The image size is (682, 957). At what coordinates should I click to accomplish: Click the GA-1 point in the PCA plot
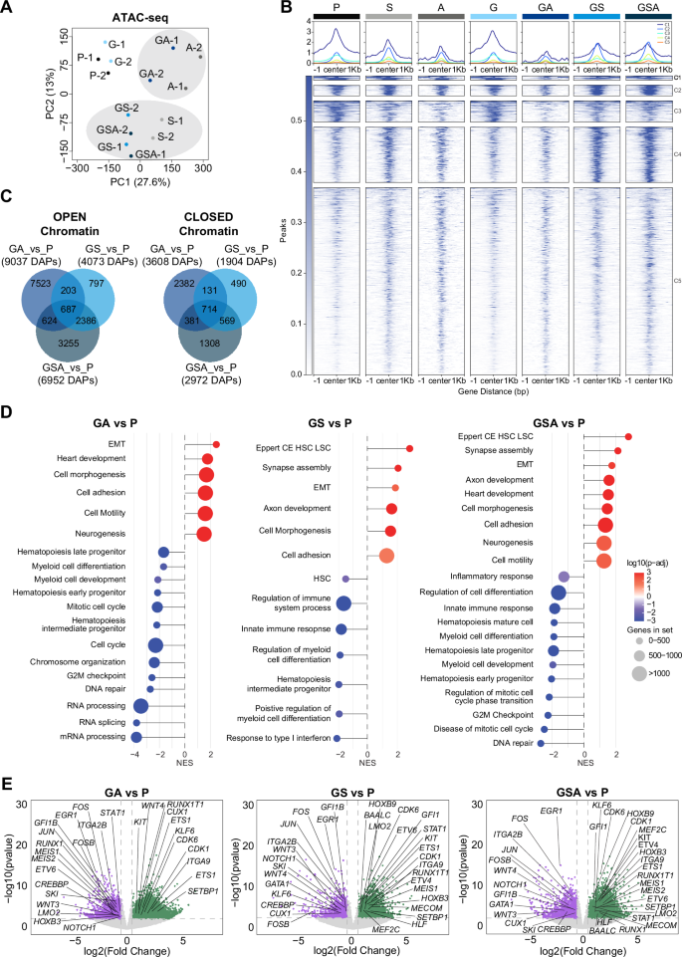[172, 47]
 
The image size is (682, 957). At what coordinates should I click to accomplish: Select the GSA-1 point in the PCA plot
[130, 155]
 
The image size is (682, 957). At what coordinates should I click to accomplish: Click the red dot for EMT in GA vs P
[216, 444]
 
